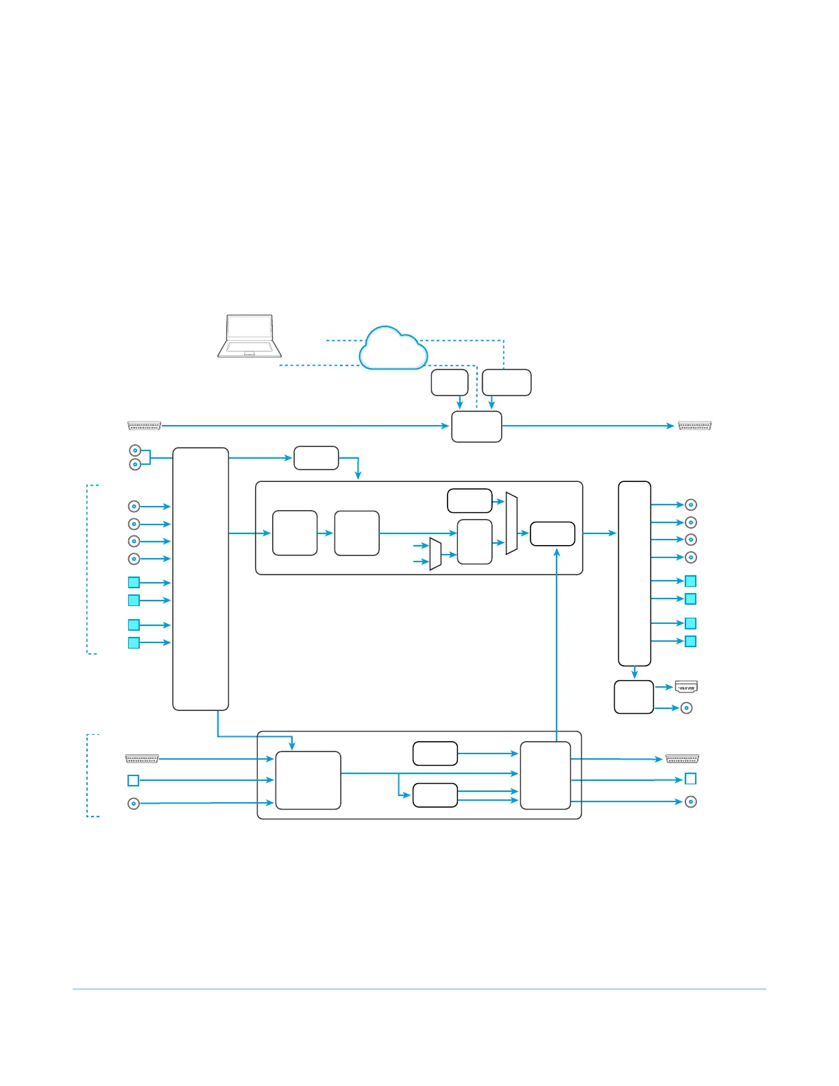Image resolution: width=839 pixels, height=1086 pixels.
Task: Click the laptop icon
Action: (250, 337)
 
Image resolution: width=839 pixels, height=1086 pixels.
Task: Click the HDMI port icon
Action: (686, 686)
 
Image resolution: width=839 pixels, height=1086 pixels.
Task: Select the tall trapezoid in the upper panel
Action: (511, 523)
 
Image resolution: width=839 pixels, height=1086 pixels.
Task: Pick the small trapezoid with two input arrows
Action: (435, 554)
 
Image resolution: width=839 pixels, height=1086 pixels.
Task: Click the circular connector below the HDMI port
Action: (686, 708)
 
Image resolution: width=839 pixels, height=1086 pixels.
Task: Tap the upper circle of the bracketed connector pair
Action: (135, 450)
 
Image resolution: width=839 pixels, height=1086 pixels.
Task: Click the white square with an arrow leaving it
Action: (134, 780)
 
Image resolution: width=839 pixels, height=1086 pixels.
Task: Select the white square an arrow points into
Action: (691, 779)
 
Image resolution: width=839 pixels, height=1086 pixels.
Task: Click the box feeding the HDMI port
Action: (634, 697)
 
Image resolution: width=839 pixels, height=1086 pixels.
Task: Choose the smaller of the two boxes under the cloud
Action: (450, 383)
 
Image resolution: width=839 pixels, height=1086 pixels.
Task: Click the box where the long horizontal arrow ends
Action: (476, 426)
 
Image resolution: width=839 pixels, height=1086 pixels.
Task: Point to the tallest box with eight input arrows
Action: (200, 579)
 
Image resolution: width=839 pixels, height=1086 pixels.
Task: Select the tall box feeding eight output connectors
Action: (634, 573)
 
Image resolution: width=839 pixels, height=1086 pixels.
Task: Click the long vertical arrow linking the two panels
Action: (557, 644)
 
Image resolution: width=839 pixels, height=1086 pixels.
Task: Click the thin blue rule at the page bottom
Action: (419, 989)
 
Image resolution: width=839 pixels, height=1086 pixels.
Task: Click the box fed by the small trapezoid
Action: (474, 542)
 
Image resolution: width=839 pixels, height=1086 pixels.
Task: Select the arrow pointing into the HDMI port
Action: (664, 686)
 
